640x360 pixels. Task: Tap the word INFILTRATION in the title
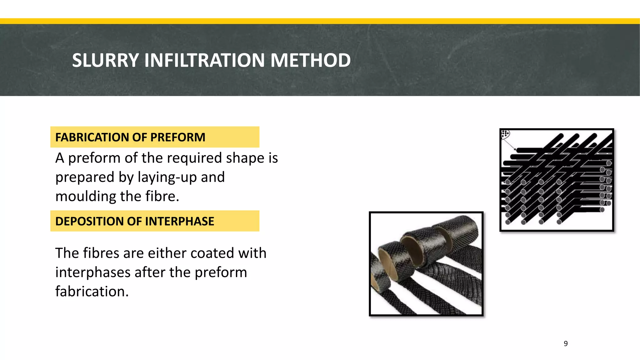pyautogui.click(x=204, y=60)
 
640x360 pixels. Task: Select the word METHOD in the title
pyautogui.click(x=310, y=60)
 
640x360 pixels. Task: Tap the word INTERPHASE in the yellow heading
pyautogui.click(x=179, y=221)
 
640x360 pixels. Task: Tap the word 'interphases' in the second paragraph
pyautogui.click(x=93, y=272)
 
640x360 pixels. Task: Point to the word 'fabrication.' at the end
pyautogui.click(x=92, y=292)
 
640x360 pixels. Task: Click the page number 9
pyautogui.click(x=566, y=343)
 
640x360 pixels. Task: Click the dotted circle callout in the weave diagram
pyautogui.click(x=505, y=134)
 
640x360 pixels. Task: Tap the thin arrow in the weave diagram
pyautogui.click(x=510, y=144)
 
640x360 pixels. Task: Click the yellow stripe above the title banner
pyautogui.click(x=320, y=21)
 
